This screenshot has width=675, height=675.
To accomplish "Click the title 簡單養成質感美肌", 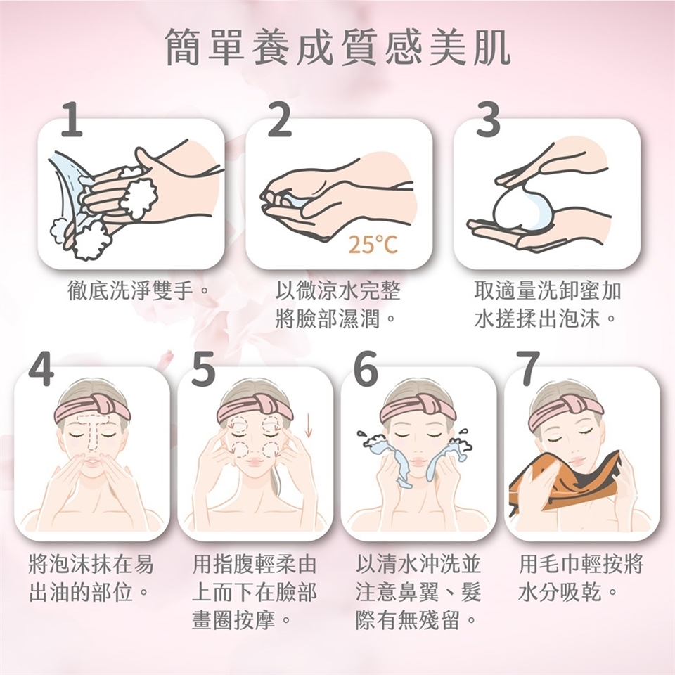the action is tap(338, 48).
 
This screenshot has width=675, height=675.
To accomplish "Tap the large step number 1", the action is tap(72, 120).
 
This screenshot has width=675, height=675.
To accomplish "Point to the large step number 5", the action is tap(203, 368).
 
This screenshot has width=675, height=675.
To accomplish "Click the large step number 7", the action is tap(528, 368).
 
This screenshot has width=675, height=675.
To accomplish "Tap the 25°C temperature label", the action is tap(373, 245).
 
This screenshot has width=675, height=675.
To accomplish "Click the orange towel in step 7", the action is tap(565, 482).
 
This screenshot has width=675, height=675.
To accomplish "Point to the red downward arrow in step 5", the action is tap(308, 426).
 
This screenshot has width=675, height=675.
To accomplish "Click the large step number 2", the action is tap(280, 120).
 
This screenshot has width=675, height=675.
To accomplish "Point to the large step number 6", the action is tap(366, 368).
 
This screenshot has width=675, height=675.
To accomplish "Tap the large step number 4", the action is tap(41, 368).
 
